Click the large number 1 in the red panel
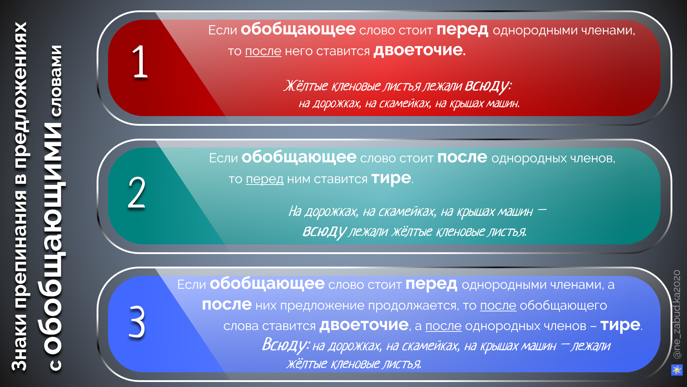pos(140,62)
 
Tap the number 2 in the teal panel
pos(137,192)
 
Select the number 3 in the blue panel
pos(137,321)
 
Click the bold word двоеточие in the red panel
pos(418,50)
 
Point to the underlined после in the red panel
pos(263,51)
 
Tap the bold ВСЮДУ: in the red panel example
pos(488,86)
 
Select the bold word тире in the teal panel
pos(391,178)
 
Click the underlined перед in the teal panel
pos(264,179)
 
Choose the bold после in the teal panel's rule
pos(462,157)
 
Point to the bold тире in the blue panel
pos(620,325)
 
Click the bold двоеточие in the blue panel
pos(364,325)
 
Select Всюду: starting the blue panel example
pos(285,345)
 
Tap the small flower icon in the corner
pos(677,370)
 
